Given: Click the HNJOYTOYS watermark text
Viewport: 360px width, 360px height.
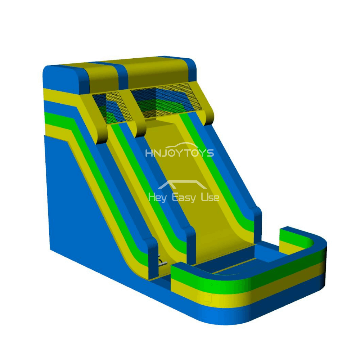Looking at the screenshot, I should click(x=179, y=153).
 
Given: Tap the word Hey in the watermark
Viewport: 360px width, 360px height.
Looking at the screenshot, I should click(x=157, y=197).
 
